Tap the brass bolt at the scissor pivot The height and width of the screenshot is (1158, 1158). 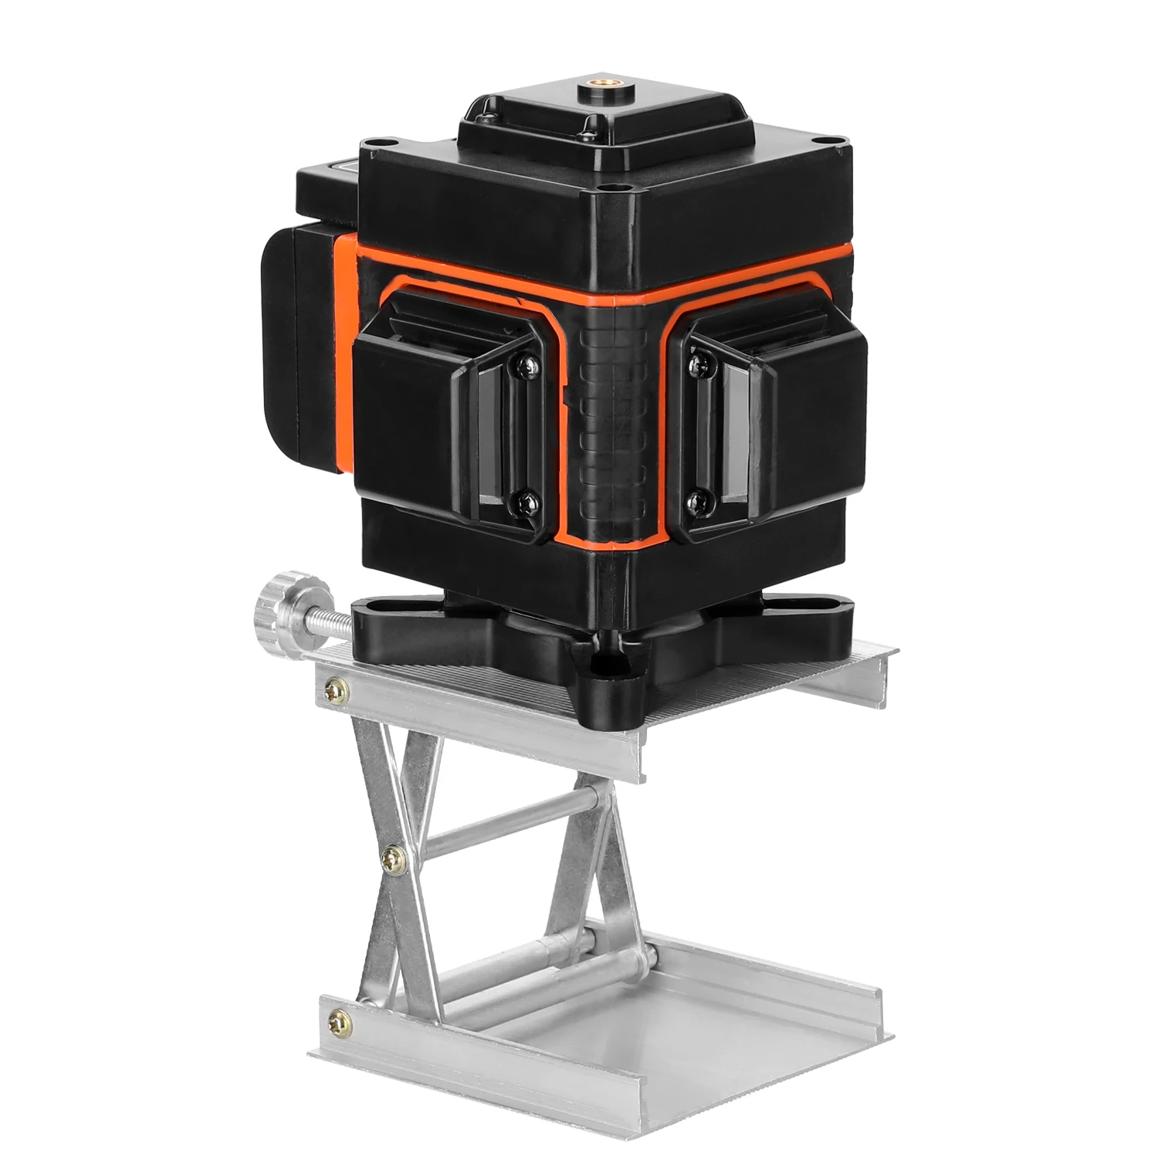coord(395,854)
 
